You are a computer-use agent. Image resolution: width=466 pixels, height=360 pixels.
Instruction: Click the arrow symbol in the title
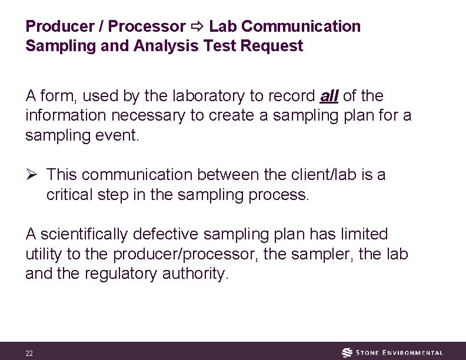pos(197,27)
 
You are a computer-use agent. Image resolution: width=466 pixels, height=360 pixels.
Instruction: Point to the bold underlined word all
pos(329,95)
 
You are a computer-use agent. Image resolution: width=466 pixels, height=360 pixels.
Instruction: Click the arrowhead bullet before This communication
pos(32,175)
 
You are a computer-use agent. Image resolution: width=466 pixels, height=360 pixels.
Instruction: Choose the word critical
pos(69,195)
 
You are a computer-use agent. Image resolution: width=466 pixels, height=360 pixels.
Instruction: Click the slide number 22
pos(29,354)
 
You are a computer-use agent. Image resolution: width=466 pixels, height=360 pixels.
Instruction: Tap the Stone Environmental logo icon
pos(348,353)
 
